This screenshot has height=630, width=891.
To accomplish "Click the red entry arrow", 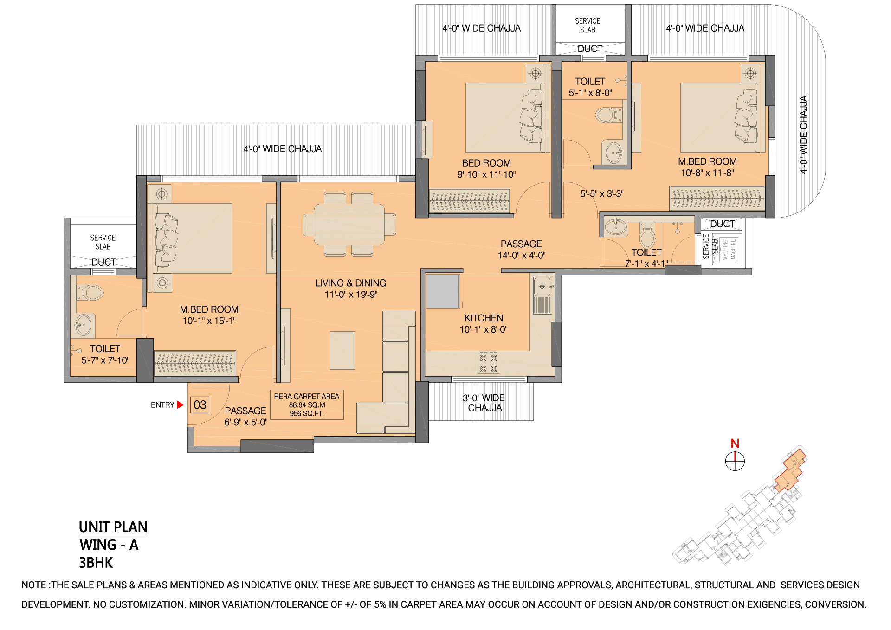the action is (180, 405).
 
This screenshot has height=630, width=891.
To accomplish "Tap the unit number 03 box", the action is (200, 405).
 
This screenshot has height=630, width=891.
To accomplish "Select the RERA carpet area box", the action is (307, 405).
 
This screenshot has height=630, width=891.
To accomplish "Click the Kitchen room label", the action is (484, 318).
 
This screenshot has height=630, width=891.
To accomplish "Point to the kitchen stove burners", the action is (489, 363).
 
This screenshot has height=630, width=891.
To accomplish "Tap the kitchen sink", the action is (542, 287).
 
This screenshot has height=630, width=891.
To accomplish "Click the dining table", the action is (349, 225).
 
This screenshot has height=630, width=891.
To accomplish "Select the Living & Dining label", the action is (351, 283).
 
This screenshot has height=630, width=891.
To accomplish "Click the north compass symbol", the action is (735, 461).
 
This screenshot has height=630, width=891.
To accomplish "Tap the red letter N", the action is (735, 444).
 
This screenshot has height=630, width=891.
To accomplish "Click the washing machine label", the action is (730, 249).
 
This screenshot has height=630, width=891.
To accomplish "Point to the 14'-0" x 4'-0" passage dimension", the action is (522, 256).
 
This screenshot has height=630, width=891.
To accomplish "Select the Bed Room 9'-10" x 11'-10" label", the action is (486, 169).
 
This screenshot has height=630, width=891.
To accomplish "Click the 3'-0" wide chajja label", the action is (484, 403).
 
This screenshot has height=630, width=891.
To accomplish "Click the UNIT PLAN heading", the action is (113, 527).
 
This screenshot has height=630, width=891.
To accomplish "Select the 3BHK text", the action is (96, 563).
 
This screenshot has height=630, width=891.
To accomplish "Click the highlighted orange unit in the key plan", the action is (791, 470).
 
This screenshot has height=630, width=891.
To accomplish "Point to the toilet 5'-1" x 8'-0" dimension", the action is (590, 93).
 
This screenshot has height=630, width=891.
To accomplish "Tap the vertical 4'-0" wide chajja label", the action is (804, 135).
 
